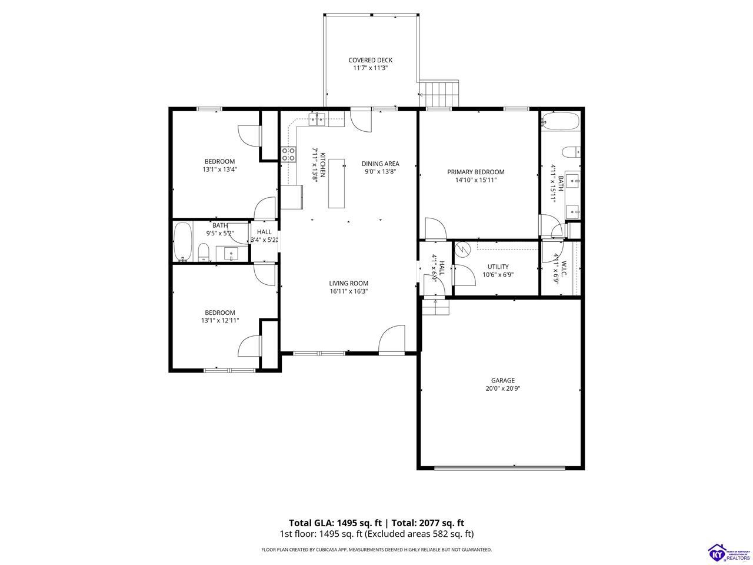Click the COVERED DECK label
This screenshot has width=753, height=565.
click(370, 60)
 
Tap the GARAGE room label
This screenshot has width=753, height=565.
click(503, 380)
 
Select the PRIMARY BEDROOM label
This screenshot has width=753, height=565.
click(475, 172)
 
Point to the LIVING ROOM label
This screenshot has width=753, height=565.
click(348, 283)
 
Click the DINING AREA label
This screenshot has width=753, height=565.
click(380, 164)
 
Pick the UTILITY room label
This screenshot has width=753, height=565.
click(498, 267)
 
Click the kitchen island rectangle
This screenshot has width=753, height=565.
click(336, 183)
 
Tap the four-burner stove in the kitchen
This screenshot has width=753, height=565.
click(288, 154)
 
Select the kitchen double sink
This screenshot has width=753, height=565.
click(316, 119)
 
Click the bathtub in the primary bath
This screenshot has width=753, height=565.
click(561, 121)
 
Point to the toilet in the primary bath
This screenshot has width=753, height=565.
click(571, 152)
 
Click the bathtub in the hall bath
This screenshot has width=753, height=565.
click(182, 241)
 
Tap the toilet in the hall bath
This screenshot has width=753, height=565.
click(204, 252)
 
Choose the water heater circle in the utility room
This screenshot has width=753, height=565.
click(462, 250)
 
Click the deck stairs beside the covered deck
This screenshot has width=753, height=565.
click(439, 94)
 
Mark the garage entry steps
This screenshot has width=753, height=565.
click(435, 307)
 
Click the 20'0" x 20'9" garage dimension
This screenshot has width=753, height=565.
click(503, 388)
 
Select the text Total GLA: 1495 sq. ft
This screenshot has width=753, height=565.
click(335, 523)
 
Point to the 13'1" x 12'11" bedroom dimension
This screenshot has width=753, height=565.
click(220, 320)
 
